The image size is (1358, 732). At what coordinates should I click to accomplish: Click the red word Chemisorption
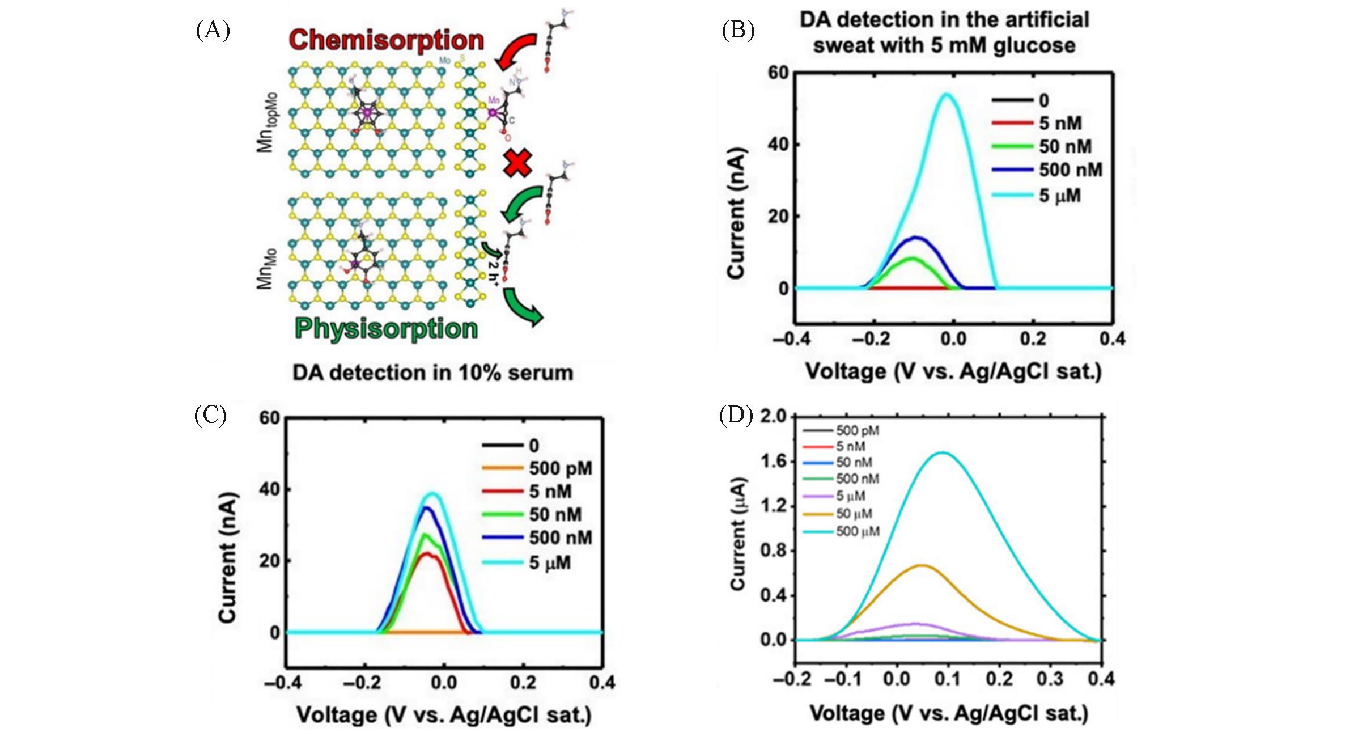[387, 41]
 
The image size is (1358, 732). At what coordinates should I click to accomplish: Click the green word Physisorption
[387, 329]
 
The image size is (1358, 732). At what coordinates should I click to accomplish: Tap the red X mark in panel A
[518, 163]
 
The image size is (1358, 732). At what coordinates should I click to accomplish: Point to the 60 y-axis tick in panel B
[778, 73]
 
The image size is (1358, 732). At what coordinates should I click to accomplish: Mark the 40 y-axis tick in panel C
[270, 489]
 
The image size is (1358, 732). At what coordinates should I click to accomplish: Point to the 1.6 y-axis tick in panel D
[774, 462]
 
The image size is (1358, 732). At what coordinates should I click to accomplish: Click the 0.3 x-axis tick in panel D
[1050, 679]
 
